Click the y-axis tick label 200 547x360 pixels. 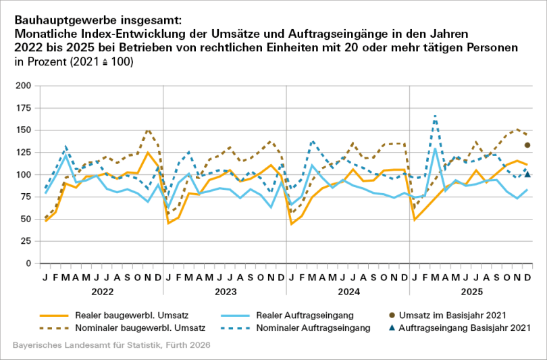click(23, 86)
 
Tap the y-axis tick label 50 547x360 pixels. click(25, 219)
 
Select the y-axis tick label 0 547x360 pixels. click(28, 263)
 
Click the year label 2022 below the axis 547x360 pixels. click(101, 292)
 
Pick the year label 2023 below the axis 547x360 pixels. click(225, 292)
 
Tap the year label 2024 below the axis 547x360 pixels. click(348, 292)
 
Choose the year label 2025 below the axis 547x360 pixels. click(471, 292)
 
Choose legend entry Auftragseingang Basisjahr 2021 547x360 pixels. click(473, 328)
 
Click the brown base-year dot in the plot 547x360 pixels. click(527, 145)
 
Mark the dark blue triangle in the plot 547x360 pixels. click(527, 174)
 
